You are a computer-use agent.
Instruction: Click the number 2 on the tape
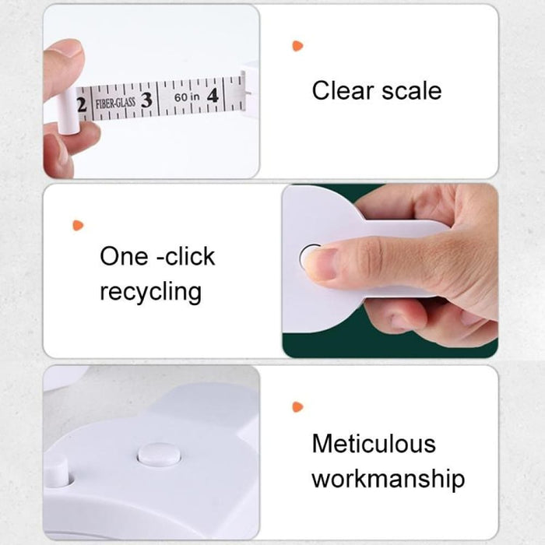(80, 103)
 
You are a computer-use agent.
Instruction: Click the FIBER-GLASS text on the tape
(114, 101)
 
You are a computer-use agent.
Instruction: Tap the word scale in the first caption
(413, 90)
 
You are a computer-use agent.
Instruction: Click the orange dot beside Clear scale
(297, 46)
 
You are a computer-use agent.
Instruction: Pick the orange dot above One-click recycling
(77, 225)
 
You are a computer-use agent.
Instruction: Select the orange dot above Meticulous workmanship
(297, 406)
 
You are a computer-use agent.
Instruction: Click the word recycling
(150, 292)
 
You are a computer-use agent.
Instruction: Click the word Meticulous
(374, 444)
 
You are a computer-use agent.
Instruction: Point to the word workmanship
(388, 478)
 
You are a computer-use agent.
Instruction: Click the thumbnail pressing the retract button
(318, 263)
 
